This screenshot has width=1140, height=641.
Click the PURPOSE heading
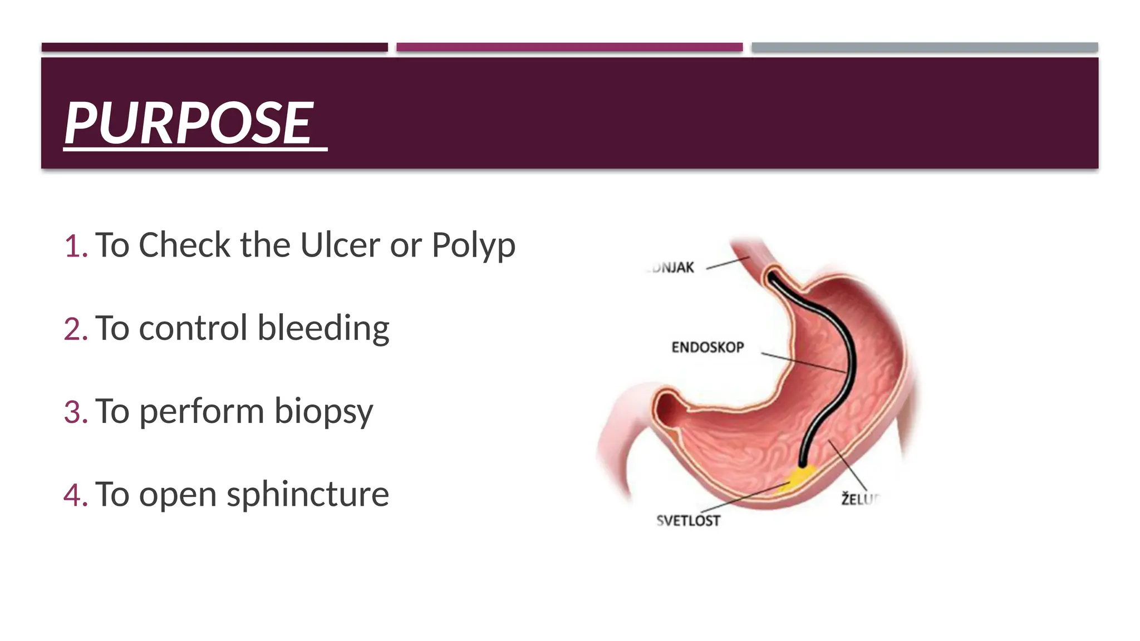[189, 124]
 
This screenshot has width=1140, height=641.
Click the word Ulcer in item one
[340, 245]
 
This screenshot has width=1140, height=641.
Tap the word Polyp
[473, 246]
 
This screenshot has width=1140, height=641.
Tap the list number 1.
[75, 246]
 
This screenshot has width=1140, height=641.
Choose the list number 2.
[75, 329]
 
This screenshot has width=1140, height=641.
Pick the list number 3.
[75, 412]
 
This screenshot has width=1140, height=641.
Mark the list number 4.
[75, 495]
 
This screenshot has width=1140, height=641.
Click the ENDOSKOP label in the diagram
[707, 348]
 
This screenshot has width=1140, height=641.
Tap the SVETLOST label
[689, 521]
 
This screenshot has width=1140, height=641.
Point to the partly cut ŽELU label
[859, 499]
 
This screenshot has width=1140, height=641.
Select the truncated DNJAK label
[672, 268]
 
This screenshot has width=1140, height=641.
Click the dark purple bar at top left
[214, 47]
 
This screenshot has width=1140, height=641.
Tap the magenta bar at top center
[569, 47]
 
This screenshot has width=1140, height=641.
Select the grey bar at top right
[924, 47]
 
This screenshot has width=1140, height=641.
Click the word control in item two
[193, 328]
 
